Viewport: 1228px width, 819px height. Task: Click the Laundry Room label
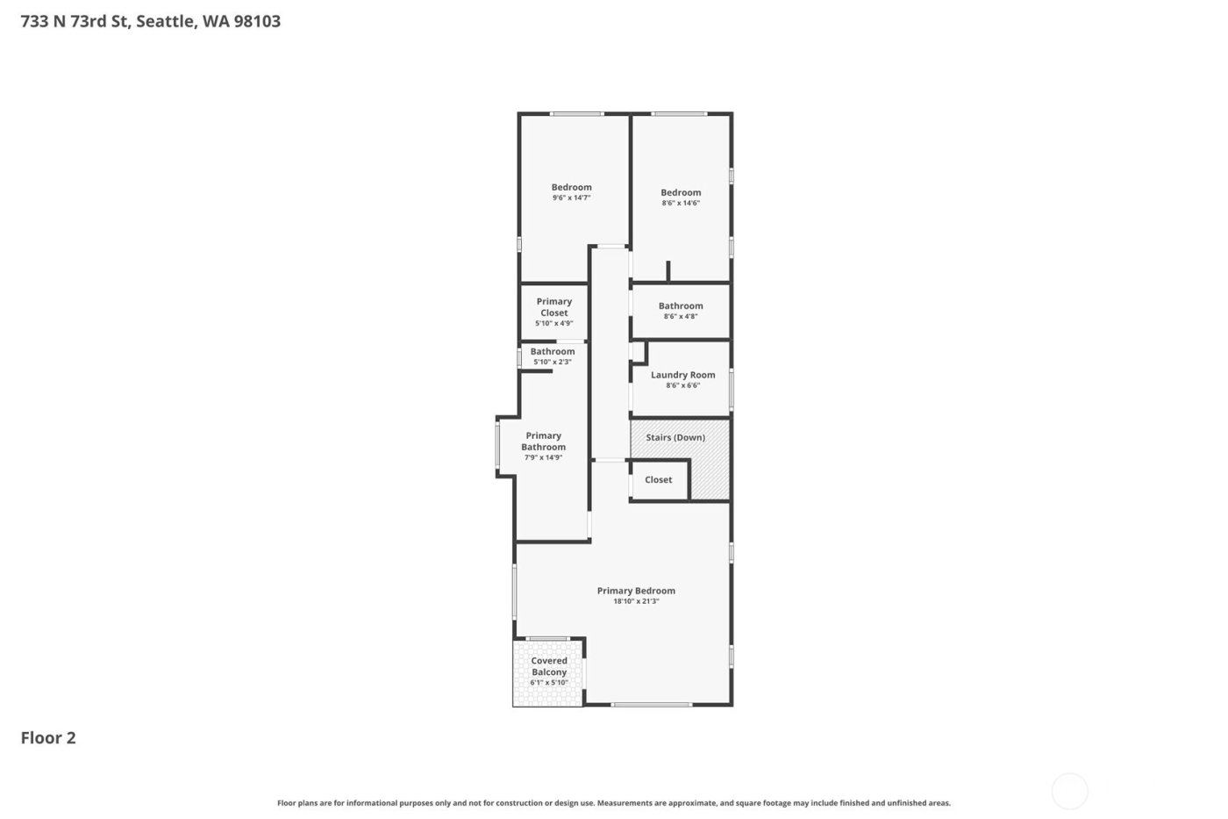coord(682,375)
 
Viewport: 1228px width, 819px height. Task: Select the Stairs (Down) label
coord(675,437)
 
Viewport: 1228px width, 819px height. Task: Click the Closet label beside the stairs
coord(658,480)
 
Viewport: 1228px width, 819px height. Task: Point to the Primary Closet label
coord(553,307)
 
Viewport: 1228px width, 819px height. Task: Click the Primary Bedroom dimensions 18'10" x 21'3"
coord(636,601)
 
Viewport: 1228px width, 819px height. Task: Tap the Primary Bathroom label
coord(543,441)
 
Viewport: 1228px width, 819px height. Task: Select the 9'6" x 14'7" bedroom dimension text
coord(571,198)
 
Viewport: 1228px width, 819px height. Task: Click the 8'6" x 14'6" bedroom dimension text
coord(681,204)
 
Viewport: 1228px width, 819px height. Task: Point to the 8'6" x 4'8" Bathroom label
coord(681,306)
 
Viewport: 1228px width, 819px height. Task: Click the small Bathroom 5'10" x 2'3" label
coord(553,352)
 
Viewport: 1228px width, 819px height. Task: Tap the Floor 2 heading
coord(48,737)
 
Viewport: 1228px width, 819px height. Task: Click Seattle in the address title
coord(164,21)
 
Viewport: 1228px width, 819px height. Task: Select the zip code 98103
coord(257,21)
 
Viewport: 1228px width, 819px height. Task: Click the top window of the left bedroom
coord(576,113)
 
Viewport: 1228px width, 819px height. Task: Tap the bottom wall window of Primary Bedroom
coord(651,705)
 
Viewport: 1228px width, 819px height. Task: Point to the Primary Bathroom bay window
coord(497,446)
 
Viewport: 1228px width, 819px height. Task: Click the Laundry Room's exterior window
coord(731,389)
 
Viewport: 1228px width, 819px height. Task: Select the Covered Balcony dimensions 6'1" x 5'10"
coord(549,683)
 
